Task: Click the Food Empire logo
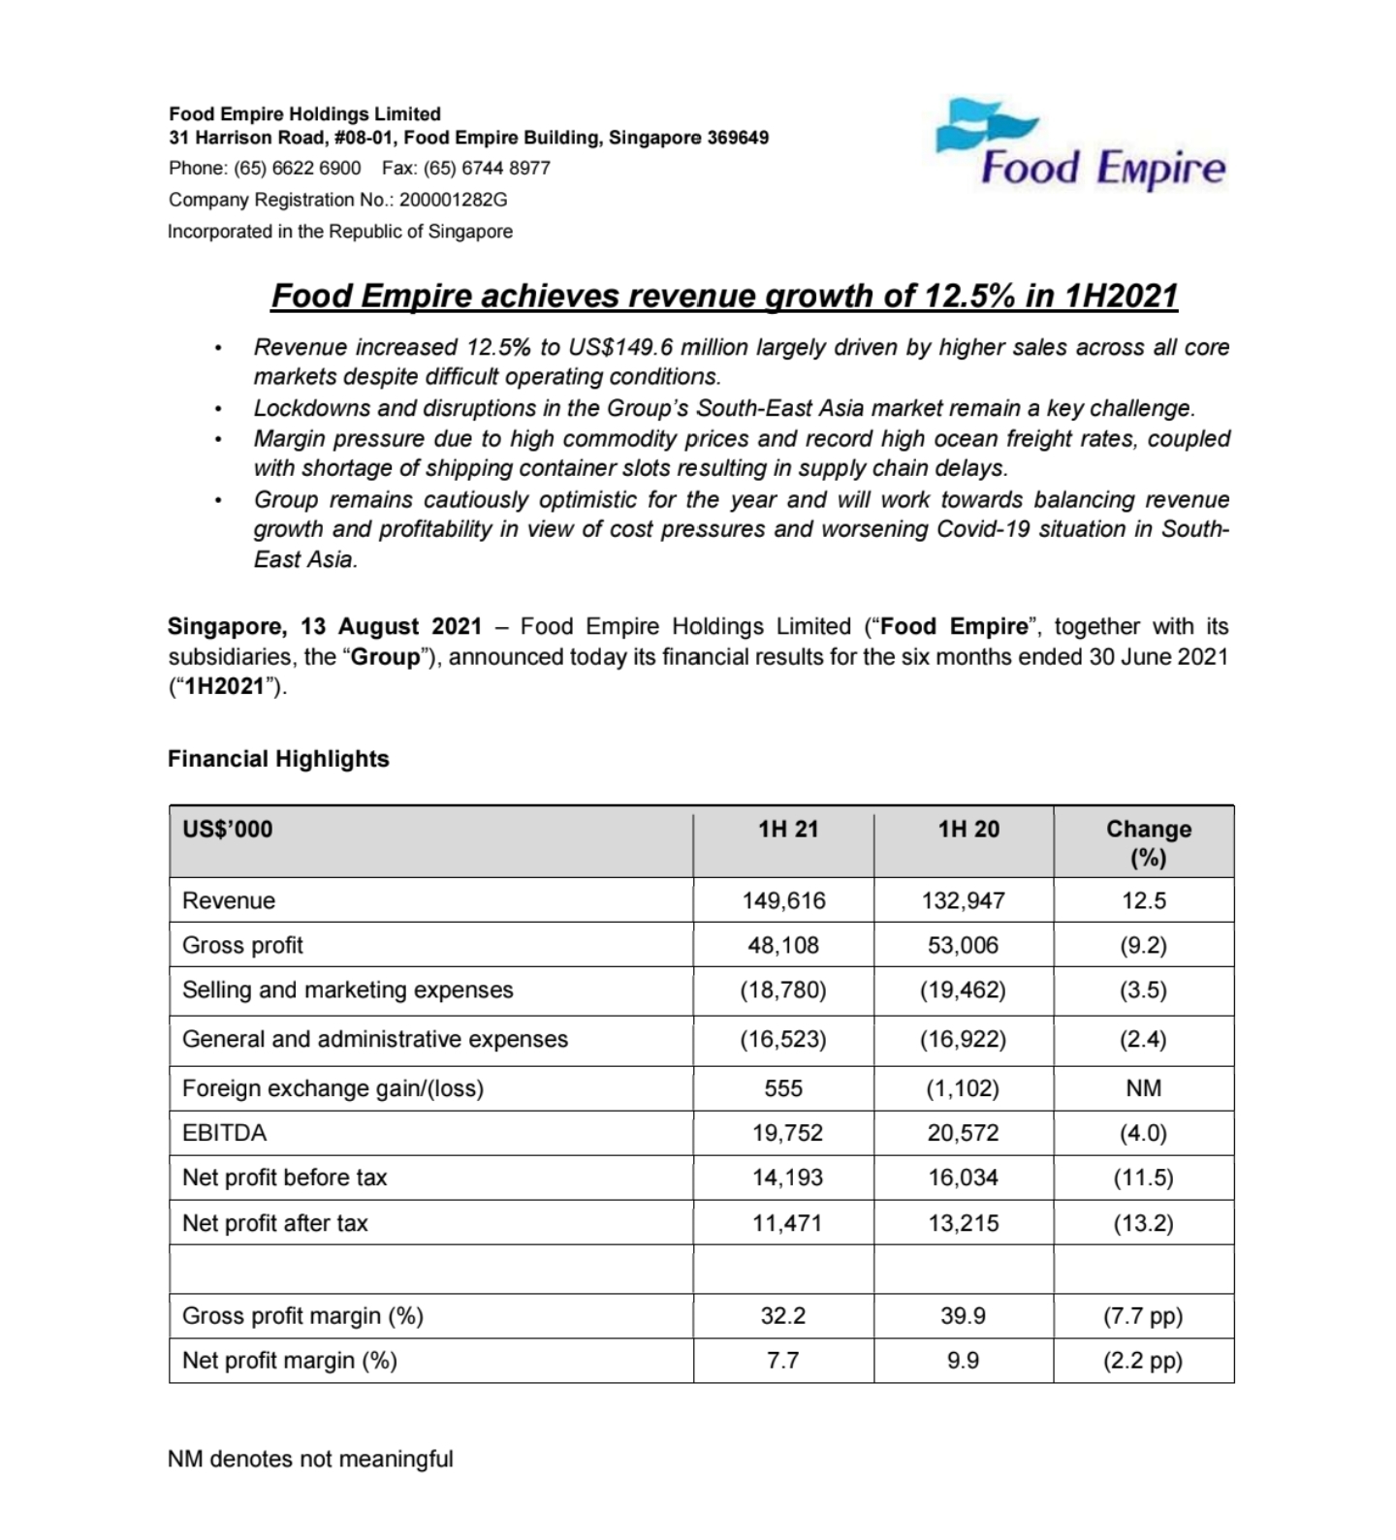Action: (x=1080, y=145)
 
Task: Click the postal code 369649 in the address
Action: (x=738, y=138)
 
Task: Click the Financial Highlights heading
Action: (x=278, y=759)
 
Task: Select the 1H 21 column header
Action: (x=788, y=830)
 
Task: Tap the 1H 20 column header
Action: (x=968, y=830)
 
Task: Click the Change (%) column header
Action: (x=1148, y=843)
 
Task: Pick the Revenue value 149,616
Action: (x=783, y=900)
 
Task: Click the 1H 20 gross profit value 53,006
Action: (x=963, y=945)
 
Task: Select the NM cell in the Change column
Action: (x=1144, y=1088)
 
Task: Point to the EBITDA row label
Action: (x=224, y=1133)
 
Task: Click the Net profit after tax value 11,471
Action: (x=786, y=1223)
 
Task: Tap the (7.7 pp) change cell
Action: (x=1143, y=1316)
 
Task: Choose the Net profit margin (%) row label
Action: (x=289, y=1361)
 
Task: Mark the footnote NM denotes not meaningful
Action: (x=310, y=1459)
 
